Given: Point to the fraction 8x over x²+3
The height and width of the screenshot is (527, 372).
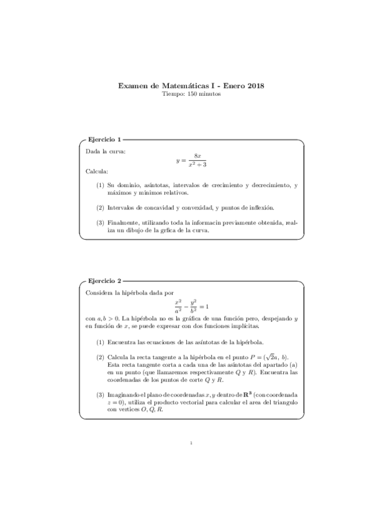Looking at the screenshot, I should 197,160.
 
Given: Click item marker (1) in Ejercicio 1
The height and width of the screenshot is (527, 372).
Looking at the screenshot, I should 100,185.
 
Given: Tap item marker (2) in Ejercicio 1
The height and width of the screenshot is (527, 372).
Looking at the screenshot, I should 100,208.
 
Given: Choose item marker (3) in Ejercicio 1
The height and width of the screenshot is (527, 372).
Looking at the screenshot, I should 100,222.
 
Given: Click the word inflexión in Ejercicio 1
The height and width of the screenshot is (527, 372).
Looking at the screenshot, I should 261,208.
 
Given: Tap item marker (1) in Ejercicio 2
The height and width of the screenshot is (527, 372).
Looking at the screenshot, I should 100,342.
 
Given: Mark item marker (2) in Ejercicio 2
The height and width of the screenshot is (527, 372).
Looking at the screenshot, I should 100,357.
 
